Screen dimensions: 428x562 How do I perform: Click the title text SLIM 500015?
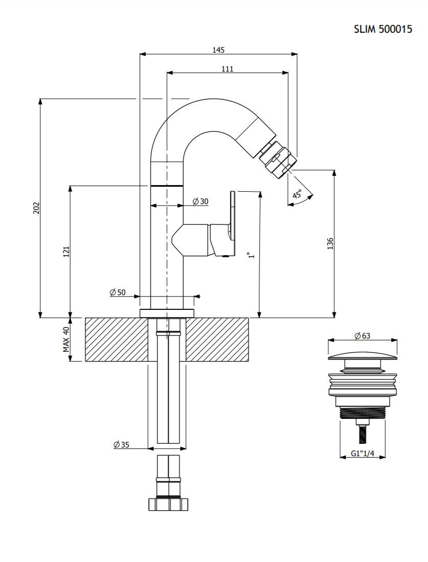tap(383, 29)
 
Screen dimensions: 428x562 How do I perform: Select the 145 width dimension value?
tap(218, 50)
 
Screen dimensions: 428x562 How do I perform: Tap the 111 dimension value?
tap(227, 69)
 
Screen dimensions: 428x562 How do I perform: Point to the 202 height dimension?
tap(36, 208)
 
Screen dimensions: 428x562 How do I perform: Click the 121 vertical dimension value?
tap(66, 252)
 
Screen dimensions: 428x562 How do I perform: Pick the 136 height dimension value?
tap(330, 244)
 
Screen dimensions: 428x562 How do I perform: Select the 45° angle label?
tap(297, 195)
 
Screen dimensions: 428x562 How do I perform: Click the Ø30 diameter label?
tap(200, 201)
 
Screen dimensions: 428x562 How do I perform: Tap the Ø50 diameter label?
tap(118, 292)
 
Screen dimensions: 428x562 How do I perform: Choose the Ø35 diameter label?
tap(121, 445)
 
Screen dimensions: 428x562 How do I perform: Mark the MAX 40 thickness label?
tap(66, 340)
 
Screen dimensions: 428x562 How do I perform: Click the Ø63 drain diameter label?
tap(362, 336)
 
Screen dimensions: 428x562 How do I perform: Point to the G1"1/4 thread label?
tap(363, 454)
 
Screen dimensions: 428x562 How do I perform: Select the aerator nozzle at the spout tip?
tap(278, 158)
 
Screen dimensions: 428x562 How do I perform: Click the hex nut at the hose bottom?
tap(168, 504)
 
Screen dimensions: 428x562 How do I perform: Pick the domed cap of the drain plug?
tap(363, 357)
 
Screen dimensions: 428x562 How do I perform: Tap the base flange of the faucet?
tap(167, 312)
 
